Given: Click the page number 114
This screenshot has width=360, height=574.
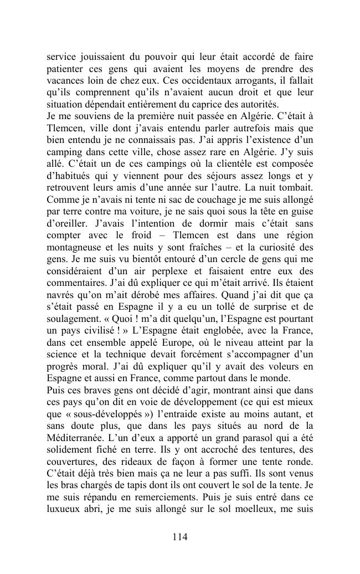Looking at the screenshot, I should coord(180,536).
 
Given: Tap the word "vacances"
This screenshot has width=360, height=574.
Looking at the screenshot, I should coord(65,80).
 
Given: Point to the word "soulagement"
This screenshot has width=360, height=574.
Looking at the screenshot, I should coord(74,319).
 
